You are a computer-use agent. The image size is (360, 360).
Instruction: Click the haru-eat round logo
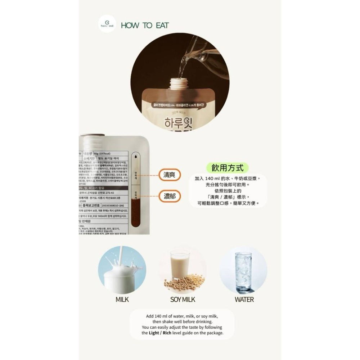(107, 26)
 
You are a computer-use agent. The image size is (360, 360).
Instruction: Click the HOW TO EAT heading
(145, 26)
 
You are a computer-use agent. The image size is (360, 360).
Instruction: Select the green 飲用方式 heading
(228, 168)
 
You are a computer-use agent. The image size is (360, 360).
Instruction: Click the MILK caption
(122, 299)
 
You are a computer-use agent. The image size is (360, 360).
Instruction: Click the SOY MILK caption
(183, 299)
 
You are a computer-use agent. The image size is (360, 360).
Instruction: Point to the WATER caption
(244, 299)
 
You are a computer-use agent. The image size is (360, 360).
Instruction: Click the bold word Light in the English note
(157, 333)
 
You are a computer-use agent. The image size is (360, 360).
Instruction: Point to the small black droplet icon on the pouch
(136, 157)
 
